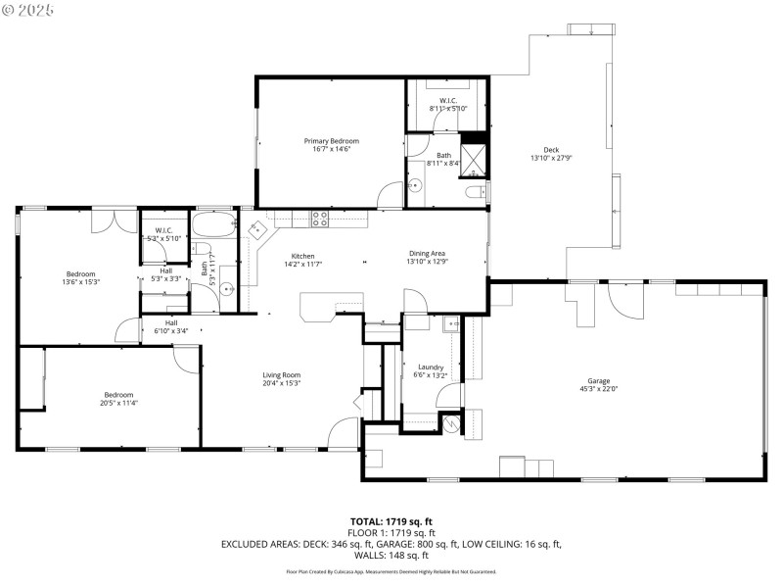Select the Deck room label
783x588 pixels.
click(551, 149)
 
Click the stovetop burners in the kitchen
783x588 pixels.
click(320, 220)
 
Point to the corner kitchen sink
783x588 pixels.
click(258, 230)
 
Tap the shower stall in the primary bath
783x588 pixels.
click(475, 157)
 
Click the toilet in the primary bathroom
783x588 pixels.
click(477, 191)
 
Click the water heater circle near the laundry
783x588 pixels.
click(451, 422)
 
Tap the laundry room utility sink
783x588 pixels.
click(451, 325)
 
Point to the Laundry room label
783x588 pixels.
click(432, 367)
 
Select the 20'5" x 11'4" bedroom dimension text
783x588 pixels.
click(118, 403)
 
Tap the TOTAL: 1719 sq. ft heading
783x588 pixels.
click(391, 521)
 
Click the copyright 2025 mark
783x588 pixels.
click(28, 9)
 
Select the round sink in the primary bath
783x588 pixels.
click(415, 185)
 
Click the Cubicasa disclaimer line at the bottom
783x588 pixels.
click(391, 571)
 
